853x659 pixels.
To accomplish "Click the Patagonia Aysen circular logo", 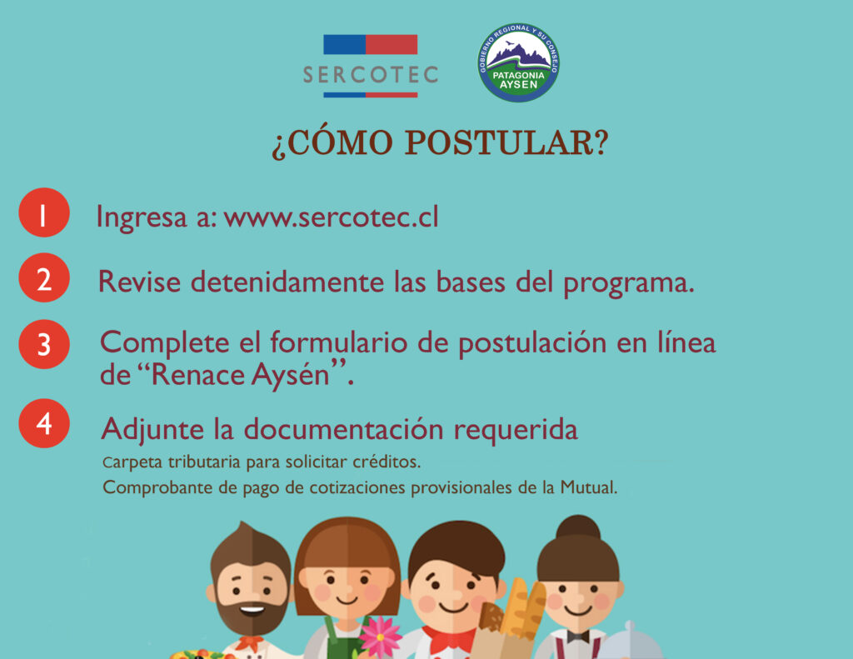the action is click(x=518, y=62).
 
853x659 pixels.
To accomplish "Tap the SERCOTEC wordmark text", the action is click(x=371, y=75).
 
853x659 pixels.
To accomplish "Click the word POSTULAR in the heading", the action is click(x=506, y=142).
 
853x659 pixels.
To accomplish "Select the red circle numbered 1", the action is click(x=44, y=212).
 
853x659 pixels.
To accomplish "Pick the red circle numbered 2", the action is click(x=44, y=277).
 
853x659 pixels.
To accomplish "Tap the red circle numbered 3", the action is click(x=44, y=344).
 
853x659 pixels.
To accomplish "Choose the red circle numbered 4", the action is click(x=44, y=423).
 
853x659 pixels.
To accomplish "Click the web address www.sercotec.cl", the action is click(x=331, y=217).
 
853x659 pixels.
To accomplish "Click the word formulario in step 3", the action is click(x=339, y=342).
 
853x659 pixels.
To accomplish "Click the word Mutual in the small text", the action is click(x=589, y=487).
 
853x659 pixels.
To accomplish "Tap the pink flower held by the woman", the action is click(x=380, y=637).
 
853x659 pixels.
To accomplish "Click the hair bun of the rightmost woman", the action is click(x=578, y=529).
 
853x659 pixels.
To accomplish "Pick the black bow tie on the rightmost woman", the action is click(x=578, y=637).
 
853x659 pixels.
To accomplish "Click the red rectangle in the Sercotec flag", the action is click(x=392, y=45).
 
